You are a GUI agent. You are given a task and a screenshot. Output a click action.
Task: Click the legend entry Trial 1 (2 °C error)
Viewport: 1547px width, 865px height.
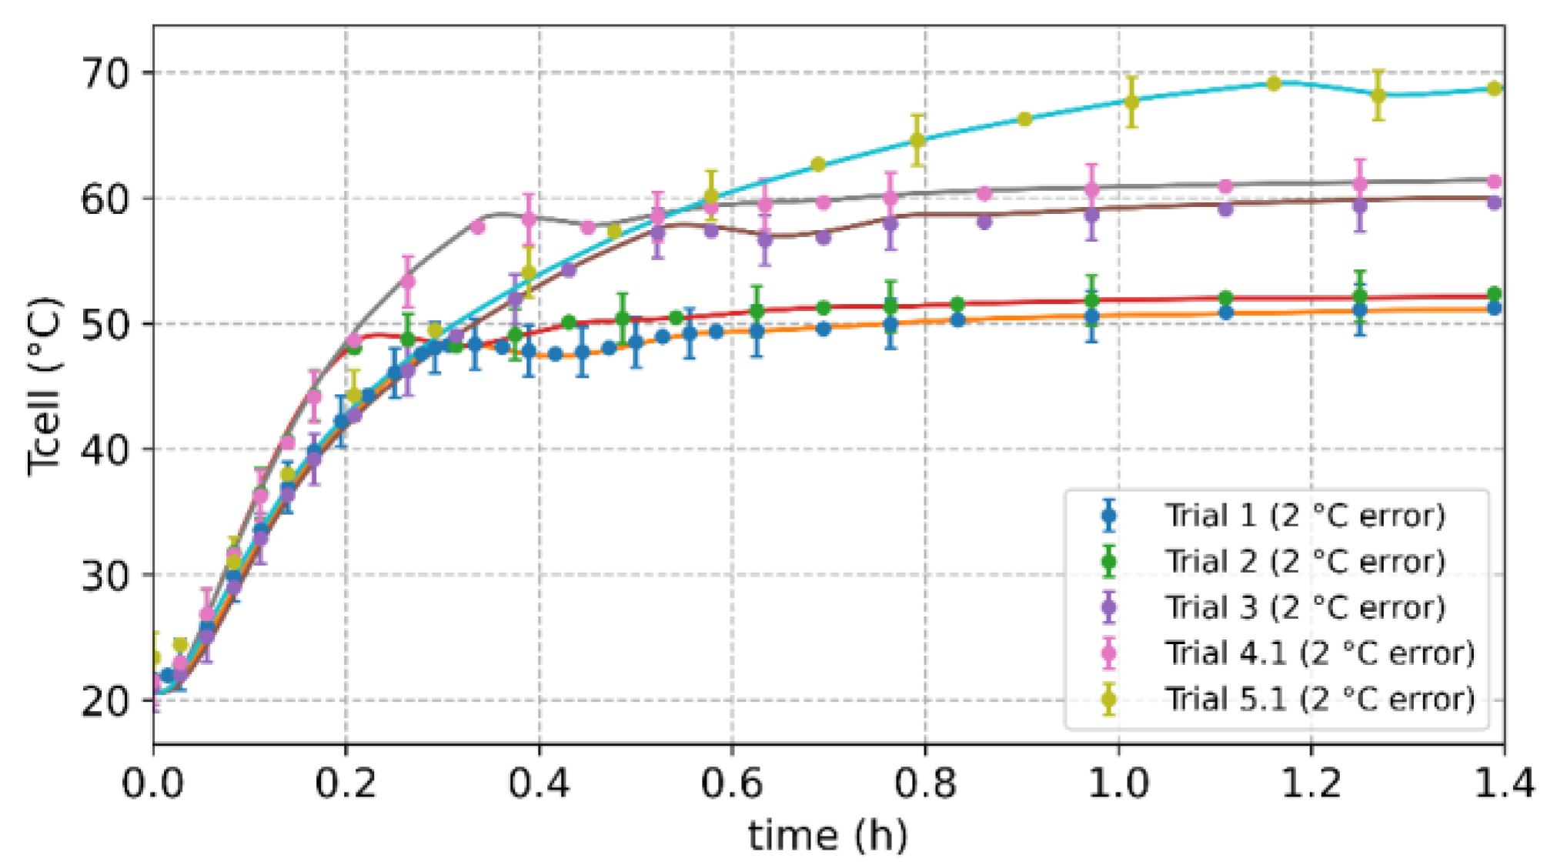tap(1305, 516)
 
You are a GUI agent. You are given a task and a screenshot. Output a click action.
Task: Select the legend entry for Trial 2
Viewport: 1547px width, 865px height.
tap(1305, 562)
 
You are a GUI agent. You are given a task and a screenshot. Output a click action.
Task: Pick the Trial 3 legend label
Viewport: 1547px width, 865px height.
tap(1305, 608)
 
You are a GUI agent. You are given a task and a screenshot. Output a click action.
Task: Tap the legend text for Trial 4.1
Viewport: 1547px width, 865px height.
tap(1319, 653)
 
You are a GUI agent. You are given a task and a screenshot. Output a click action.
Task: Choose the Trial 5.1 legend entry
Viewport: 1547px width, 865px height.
tap(1319, 700)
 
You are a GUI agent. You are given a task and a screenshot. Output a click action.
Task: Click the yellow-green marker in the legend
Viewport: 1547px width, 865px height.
tap(1109, 700)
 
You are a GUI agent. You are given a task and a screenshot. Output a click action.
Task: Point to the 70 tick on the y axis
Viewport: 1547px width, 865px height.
tap(108, 75)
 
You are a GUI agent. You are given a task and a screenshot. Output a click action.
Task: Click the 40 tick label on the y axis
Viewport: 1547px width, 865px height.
tap(108, 450)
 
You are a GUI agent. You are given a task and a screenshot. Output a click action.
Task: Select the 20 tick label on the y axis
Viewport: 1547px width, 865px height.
tap(108, 701)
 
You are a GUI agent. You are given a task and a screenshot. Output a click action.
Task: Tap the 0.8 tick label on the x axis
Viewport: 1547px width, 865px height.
tap(925, 784)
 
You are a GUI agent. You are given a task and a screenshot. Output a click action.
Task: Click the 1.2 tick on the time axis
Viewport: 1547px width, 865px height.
tap(1311, 784)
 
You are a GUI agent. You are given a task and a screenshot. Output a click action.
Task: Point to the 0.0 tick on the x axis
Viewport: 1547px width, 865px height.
tap(153, 784)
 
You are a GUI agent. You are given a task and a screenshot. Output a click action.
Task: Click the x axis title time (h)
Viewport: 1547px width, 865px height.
tap(827, 836)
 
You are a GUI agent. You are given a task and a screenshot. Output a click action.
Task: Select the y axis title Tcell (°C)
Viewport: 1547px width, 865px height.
tap(44, 386)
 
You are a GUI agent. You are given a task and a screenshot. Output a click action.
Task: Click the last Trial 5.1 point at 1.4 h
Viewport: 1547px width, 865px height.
tap(1494, 89)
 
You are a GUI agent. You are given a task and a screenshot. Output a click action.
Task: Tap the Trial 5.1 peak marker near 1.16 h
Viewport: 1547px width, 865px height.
tap(1274, 83)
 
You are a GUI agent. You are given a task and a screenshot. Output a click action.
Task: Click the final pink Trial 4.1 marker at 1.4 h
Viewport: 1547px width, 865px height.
tap(1494, 182)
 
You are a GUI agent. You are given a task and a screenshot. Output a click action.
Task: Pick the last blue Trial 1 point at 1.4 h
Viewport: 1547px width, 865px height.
tap(1494, 308)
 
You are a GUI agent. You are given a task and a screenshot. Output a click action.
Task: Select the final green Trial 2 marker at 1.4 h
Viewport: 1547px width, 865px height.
tap(1494, 294)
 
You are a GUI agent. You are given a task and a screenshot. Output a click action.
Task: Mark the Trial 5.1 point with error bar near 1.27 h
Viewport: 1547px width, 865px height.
tap(1378, 95)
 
